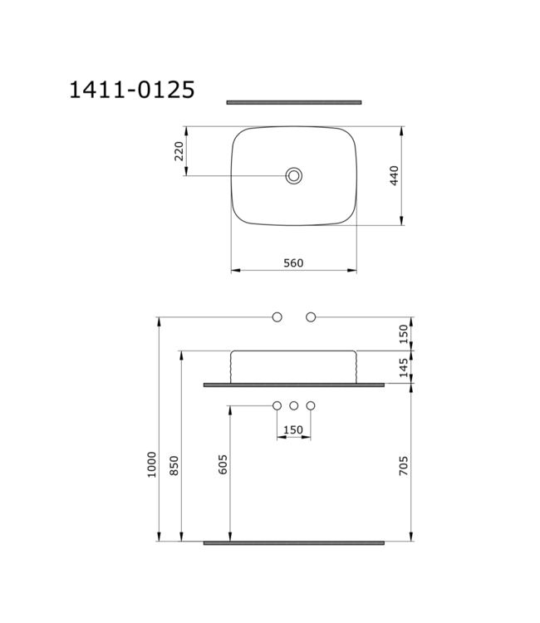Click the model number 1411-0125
point(132,90)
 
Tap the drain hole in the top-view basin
point(293,175)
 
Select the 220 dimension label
point(178,151)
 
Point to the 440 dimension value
point(395,175)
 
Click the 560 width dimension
point(293,262)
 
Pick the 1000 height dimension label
point(151,464)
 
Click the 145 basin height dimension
point(405,368)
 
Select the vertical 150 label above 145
point(405,334)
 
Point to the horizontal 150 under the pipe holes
point(293,429)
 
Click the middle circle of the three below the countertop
point(294,406)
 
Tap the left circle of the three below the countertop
point(277,406)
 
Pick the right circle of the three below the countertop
point(311,406)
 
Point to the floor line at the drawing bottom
point(293,542)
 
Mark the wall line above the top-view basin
point(294,103)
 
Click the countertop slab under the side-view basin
point(293,385)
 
